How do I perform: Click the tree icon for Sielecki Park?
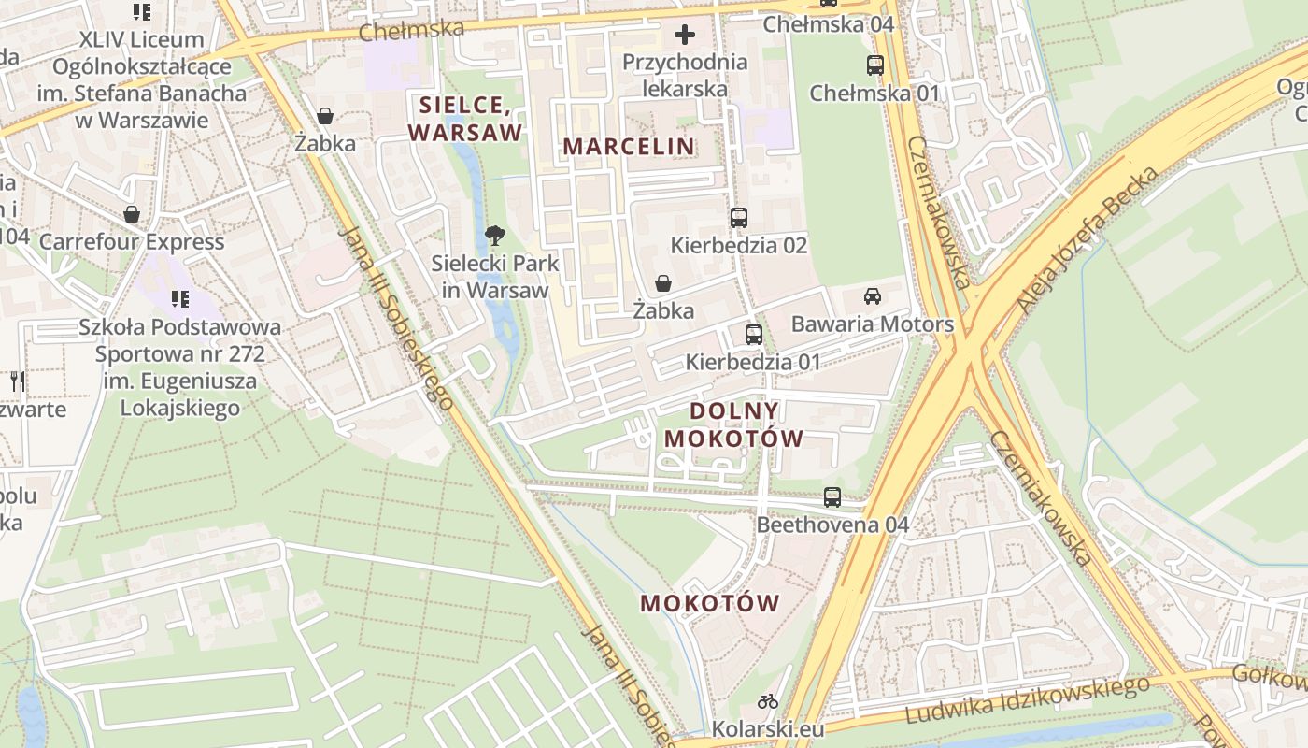495,236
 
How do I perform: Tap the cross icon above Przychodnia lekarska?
685,36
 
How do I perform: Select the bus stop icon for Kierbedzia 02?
739,218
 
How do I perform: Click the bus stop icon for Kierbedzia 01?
753,334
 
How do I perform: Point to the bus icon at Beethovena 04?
832,497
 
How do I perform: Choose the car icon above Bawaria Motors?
873,296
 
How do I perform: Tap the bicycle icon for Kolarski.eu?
768,700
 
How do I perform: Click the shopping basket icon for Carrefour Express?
132,214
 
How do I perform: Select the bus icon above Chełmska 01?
874,65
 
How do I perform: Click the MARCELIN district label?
629,147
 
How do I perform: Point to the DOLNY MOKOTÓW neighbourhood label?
733,424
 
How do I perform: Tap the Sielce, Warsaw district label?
464,118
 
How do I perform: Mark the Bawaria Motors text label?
872,324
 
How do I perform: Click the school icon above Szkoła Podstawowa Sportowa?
179,299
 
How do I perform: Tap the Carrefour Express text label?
132,242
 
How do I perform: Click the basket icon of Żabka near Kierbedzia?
663,283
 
